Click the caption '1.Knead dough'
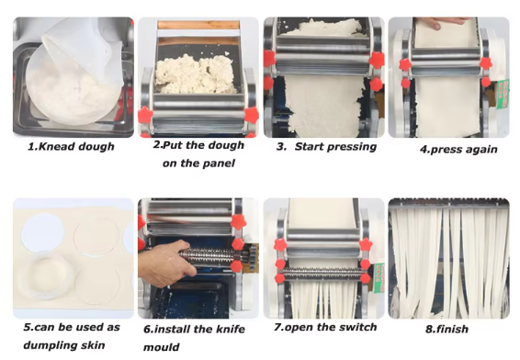tap(71, 147)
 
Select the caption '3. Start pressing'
tap(327, 147)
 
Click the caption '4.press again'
tap(458, 149)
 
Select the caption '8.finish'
tap(447, 329)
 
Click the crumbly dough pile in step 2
tap(195, 74)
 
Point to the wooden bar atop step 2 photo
tap(198, 25)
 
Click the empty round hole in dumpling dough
tap(43, 232)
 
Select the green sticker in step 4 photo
tap(503, 94)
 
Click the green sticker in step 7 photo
tap(379, 277)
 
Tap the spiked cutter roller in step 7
tap(323, 274)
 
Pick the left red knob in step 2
tap(145, 115)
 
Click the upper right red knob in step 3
tap(377, 60)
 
